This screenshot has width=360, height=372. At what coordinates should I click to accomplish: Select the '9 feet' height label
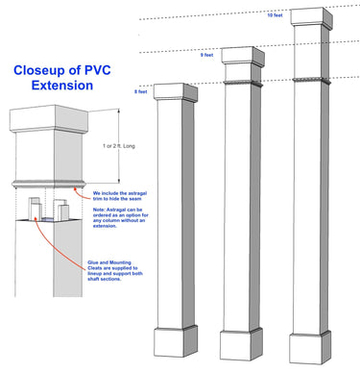(x=206, y=55)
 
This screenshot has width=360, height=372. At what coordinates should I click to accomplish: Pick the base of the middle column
(x=240, y=344)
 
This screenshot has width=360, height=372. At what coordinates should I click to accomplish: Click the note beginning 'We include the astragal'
(x=132, y=195)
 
